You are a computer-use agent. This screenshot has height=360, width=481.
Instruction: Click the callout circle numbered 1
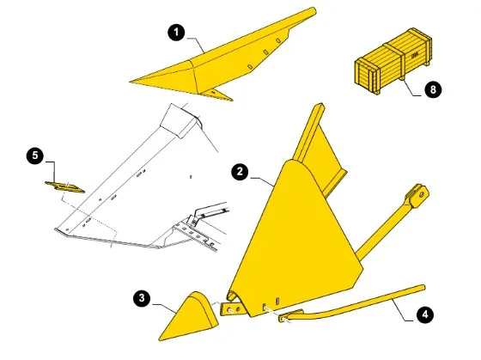point(176,33)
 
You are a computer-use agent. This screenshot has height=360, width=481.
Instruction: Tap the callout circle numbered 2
point(240,172)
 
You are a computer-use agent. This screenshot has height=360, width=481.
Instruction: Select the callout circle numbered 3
point(142,298)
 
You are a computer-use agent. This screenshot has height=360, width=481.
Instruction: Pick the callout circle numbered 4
point(425,314)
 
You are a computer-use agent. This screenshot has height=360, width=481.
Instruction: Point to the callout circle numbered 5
point(35,156)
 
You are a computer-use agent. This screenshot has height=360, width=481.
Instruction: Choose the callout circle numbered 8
point(433,89)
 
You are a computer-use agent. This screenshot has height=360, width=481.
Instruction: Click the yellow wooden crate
point(393,61)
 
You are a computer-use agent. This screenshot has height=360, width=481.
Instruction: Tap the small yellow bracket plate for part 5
point(64,187)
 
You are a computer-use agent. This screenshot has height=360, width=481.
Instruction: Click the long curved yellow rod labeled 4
point(353,303)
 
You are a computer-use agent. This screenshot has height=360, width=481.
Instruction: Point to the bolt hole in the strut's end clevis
point(423,194)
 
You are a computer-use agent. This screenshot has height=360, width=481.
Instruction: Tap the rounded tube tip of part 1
point(313,11)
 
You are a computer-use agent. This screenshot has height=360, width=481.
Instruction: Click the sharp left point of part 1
point(130,82)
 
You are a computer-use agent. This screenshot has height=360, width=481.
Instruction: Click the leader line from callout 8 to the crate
point(411,88)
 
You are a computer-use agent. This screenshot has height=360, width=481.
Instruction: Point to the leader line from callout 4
point(403,311)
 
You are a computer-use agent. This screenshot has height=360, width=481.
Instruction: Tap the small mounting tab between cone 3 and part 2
point(232,309)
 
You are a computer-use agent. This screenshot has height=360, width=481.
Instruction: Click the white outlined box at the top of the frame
point(180,121)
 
